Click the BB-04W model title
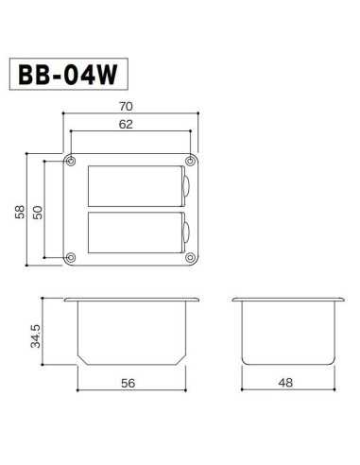pos(67,75)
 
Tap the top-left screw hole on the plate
pos(71,160)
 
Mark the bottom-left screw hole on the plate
pos(71,257)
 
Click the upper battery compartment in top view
pos(134,185)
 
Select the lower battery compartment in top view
pos(134,232)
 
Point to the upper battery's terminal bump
pos(186,186)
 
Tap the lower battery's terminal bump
pos(186,232)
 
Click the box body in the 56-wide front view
pos(131,333)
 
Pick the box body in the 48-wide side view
pos(286,333)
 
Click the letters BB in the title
pos(37,75)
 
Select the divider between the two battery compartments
pos(134,209)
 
